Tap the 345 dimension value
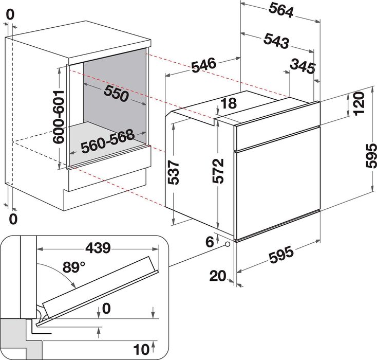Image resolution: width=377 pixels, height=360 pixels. point(302,65)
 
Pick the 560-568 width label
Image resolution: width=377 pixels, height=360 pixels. point(107,140)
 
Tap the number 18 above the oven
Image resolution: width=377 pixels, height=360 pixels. point(229,103)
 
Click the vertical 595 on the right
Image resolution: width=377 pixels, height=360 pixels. point(368,154)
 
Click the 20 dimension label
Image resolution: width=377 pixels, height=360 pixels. point(218,276)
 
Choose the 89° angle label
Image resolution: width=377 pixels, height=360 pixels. point(73,267)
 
